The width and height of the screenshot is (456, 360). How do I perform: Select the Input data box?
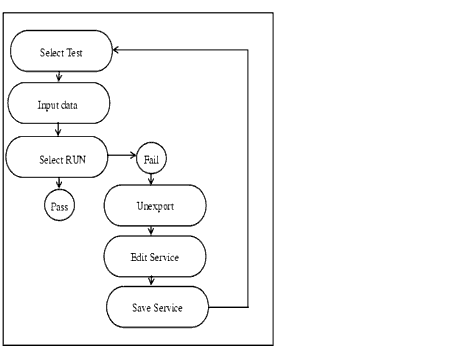pos(58,103)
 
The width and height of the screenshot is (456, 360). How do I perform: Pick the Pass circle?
pos(59,206)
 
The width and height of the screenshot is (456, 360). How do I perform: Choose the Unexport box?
pos(155,206)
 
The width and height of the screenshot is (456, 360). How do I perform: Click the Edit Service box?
pos(155,257)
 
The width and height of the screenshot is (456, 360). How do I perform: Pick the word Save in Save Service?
pos(143,307)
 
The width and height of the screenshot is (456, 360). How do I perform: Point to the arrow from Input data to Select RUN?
pos(59,129)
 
